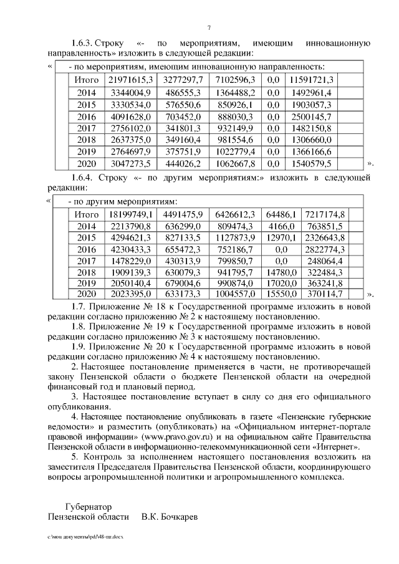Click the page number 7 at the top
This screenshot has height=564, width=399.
click(x=209, y=27)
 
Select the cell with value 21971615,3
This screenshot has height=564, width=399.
click(x=131, y=80)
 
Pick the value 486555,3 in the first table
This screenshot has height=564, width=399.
click(x=183, y=92)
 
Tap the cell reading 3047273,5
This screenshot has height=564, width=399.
click(x=131, y=164)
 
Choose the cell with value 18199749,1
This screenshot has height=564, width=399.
click(x=131, y=214)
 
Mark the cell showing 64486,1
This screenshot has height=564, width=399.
click(x=281, y=214)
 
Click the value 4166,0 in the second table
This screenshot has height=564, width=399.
click(x=281, y=226)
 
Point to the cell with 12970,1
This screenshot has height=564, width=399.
click(x=281, y=238)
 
